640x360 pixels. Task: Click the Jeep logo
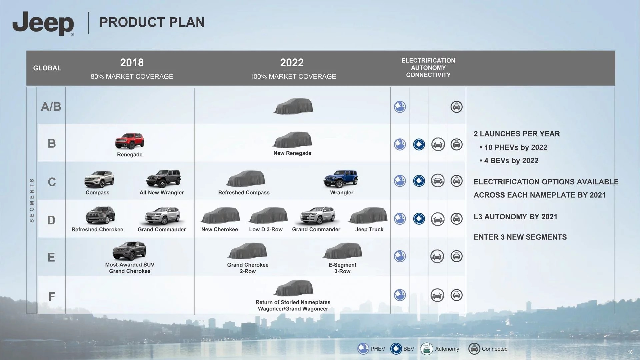(43, 23)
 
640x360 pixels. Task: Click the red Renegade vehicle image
(130, 141)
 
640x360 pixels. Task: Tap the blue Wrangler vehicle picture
(341, 179)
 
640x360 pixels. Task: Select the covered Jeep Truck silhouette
(368, 215)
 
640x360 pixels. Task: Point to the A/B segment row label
(51, 107)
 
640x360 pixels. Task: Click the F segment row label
(52, 297)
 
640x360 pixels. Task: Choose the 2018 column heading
(132, 62)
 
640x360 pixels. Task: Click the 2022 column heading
(292, 62)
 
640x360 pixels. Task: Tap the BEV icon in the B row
(419, 144)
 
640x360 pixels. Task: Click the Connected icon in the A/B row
(456, 107)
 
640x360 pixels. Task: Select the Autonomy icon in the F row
(437, 295)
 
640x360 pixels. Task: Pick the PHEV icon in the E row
(400, 256)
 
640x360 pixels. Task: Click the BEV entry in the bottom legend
(402, 349)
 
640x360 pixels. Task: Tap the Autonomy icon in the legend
(427, 349)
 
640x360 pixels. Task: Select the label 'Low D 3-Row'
(266, 229)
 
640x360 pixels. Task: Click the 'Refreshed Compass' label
(244, 193)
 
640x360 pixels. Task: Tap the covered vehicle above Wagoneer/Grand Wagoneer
(293, 288)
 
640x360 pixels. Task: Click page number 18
(630, 352)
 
